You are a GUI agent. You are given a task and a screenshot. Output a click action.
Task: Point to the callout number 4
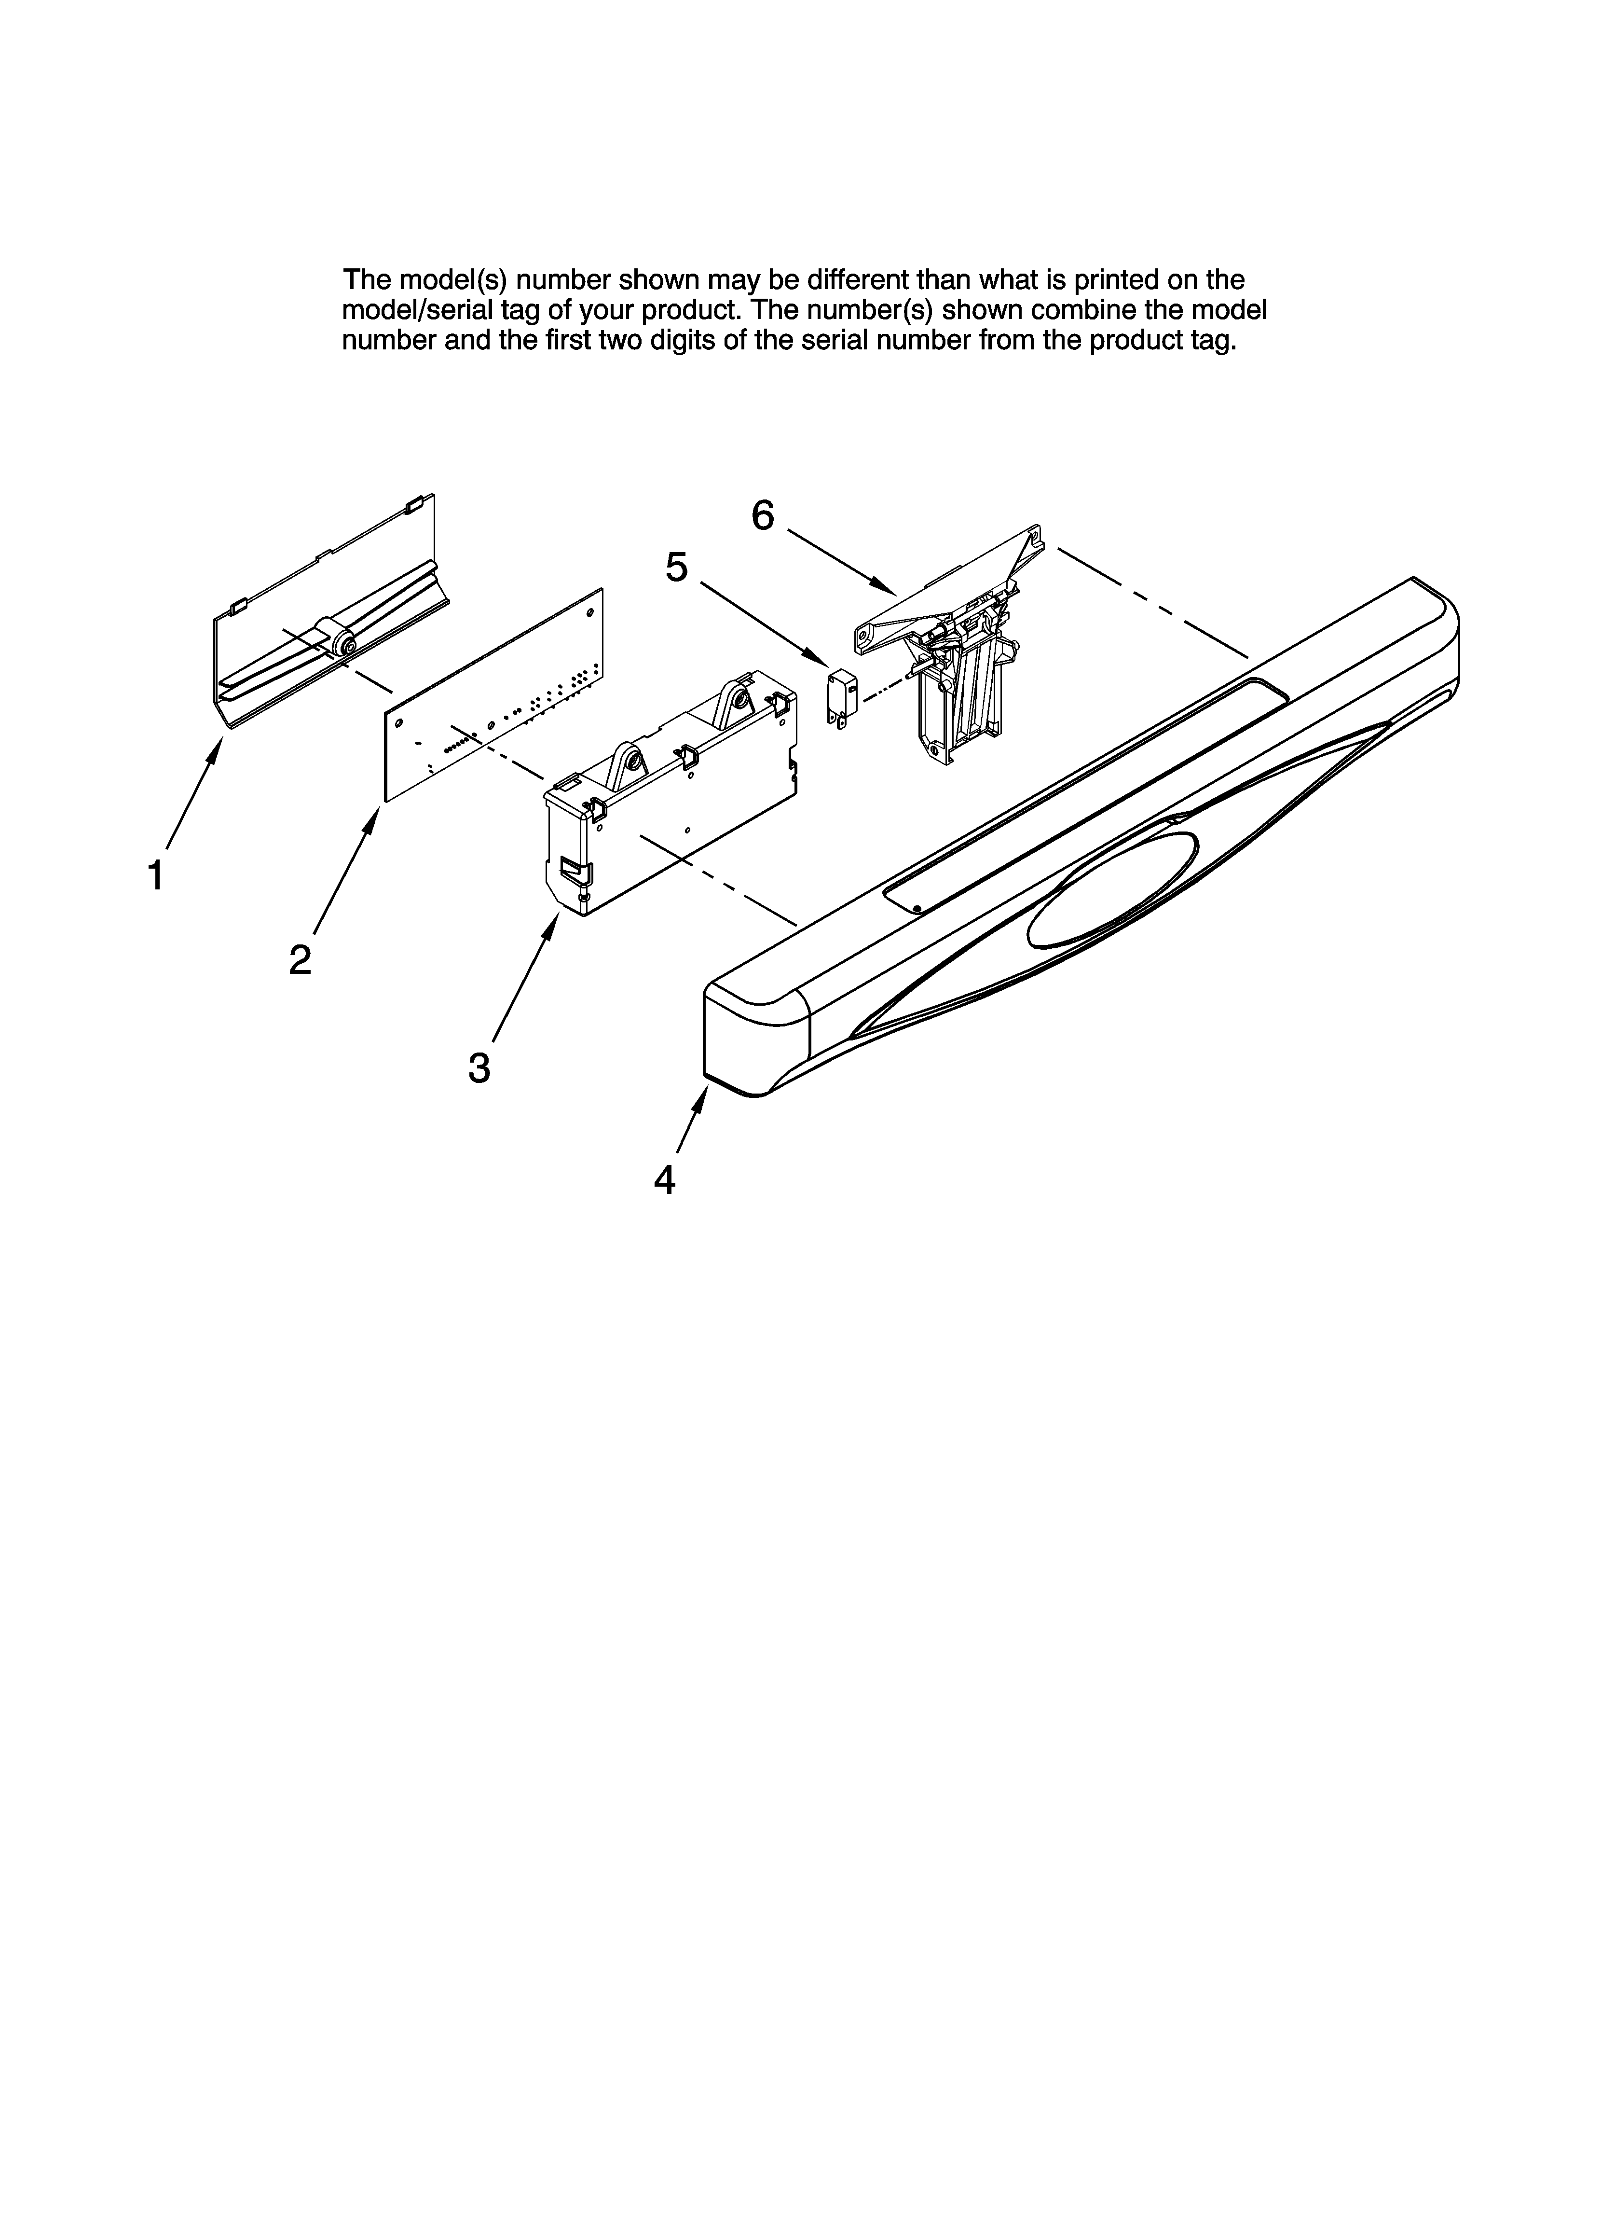pyautogui.click(x=665, y=1179)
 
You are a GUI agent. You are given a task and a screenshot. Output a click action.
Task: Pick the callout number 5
pyautogui.click(x=677, y=568)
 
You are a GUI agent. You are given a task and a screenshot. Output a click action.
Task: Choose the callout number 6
pyautogui.click(x=763, y=514)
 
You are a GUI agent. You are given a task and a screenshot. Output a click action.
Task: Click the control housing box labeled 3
pyautogui.click(x=669, y=797)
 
